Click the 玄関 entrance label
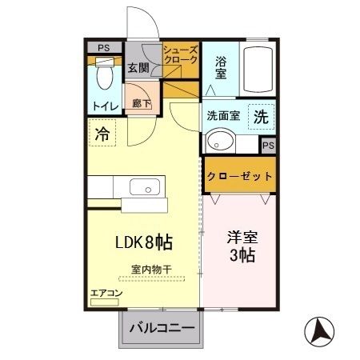click(x=138, y=68)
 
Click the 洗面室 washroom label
click(x=223, y=114)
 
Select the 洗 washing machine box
click(x=260, y=115)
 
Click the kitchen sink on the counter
click(x=144, y=190)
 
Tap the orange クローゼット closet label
click(x=240, y=175)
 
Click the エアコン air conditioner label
click(x=106, y=294)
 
